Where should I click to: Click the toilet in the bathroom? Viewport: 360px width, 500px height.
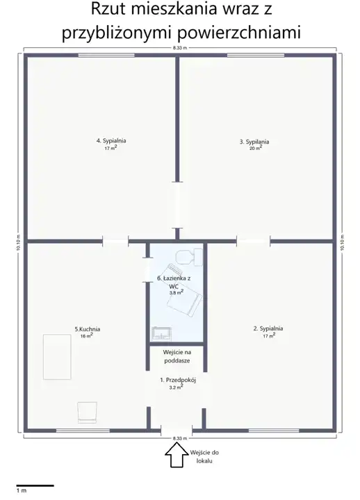[x=189, y=257]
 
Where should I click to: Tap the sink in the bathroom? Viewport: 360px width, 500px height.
[x=161, y=333]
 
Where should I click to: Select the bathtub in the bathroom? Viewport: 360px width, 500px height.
[x=185, y=290]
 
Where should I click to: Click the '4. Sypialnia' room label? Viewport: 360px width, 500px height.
[x=111, y=140]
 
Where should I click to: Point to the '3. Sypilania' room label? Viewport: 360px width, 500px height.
[x=254, y=142]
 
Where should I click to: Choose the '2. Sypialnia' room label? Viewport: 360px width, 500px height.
[x=268, y=328]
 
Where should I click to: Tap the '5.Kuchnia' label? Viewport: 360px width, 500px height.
[x=88, y=329]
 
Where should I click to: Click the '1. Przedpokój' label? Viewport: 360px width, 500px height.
[x=178, y=380]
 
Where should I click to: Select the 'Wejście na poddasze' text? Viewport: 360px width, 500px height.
[x=177, y=356]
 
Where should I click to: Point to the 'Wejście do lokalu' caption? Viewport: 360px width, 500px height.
[x=204, y=456]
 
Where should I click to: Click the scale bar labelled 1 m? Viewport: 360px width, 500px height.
[x=35, y=485]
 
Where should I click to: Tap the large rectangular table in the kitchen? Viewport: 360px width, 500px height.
[x=57, y=357]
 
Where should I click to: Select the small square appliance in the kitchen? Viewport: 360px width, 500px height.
[x=87, y=412]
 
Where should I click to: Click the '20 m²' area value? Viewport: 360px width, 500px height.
[x=255, y=148]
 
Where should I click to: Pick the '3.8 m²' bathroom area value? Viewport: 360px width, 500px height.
[x=176, y=292]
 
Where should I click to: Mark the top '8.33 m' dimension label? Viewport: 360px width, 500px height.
[x=180, y=48]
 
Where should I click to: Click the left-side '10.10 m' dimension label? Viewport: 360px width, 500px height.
[x=18, y=243]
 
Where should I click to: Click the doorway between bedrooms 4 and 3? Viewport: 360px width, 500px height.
[x=177, y=205]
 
